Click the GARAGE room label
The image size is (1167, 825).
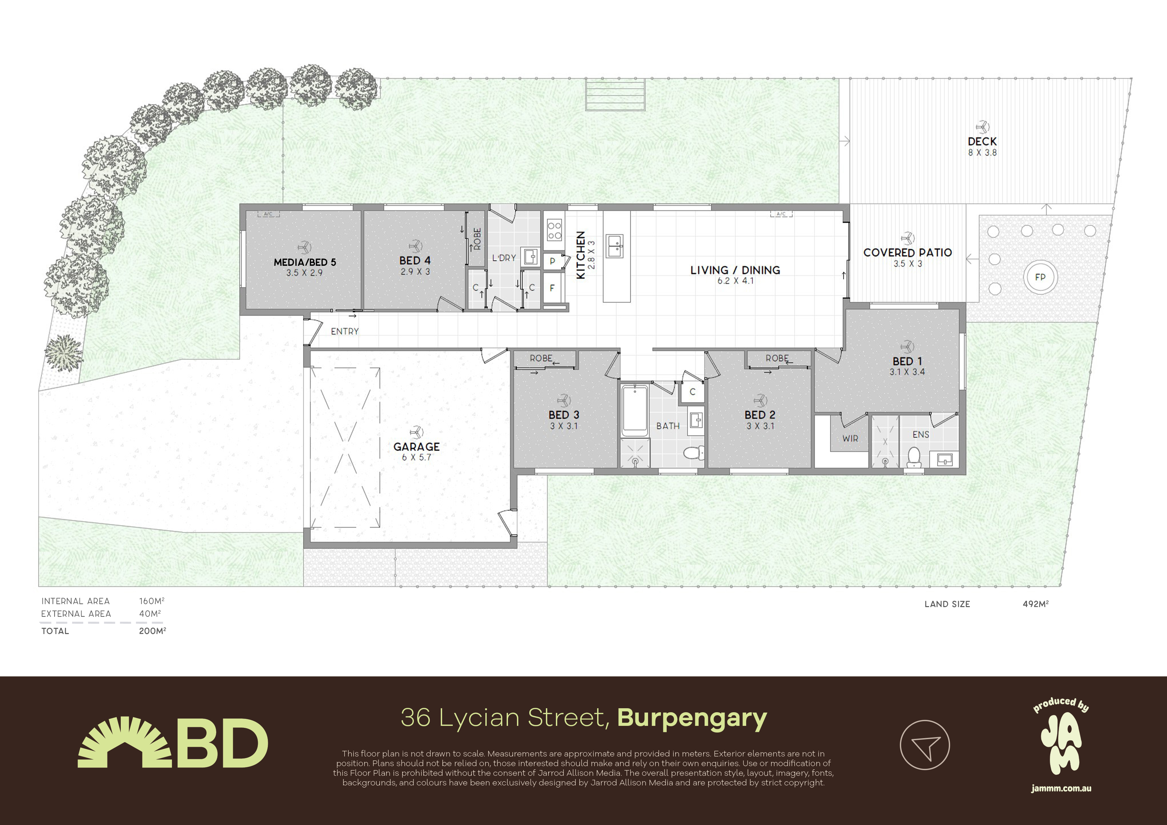pyautogui.click(x=416, y=447)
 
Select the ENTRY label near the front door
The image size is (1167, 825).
pyautogui.click(x=345, y=331)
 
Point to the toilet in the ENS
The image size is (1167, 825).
pyautogui.click(x=914, y=457)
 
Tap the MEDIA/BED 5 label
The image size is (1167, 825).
pyautogui.click(x=305, y=262)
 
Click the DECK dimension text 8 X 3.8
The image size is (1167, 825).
pyautogui.click(x=982, y=152)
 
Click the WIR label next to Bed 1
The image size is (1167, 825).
pyautogui.click(x=850, y=438)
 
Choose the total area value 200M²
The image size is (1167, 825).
pyautogui.click(x=152, y=631)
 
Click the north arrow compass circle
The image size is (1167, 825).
pyautogui.click(x=924, y=745)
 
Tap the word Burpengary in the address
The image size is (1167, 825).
pyautogui.click(x=692, y=718)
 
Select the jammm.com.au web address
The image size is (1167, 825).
pyautogui.click(x=1061, y=788)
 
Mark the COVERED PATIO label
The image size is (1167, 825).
pyautogui.click(x=907, y=252)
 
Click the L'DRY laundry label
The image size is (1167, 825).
pyautogui.click(x=504, y=258)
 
